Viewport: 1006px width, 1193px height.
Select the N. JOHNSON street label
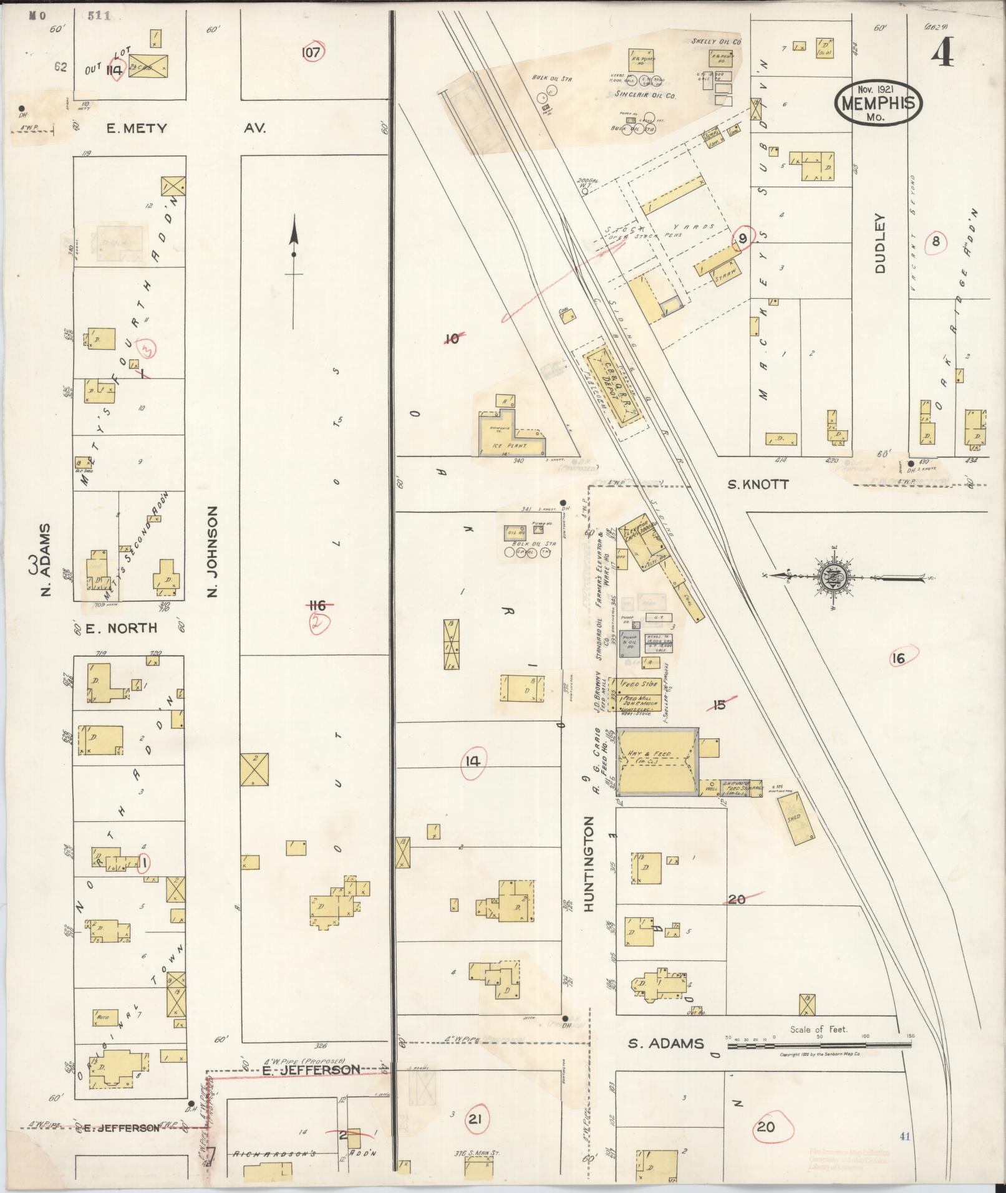click(212, 551)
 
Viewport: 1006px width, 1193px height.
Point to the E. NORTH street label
click(121, 628)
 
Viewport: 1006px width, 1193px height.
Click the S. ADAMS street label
click(665, 1043)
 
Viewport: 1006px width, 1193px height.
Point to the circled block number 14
click(473, 761)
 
